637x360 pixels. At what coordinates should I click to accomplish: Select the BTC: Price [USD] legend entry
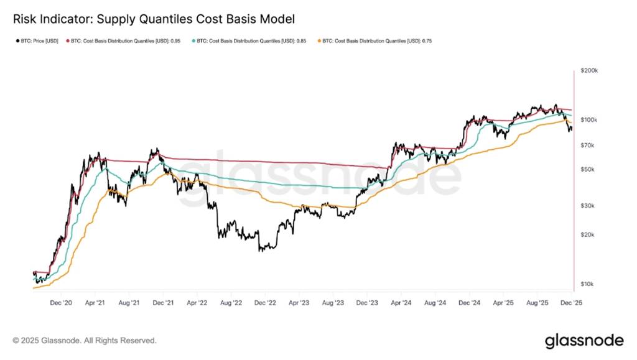(x=36, y=41)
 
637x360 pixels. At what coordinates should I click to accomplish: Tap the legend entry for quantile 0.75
(x=375, y=41)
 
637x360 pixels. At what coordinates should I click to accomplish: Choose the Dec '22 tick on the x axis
(x=265, y=303)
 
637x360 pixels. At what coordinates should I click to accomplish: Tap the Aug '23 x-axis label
(x=333, y=303)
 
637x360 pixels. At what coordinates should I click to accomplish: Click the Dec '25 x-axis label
(x=571, y=303)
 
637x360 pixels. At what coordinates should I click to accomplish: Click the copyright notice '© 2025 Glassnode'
(x=85, y=341)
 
